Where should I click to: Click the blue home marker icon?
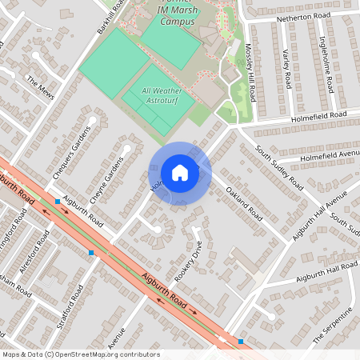pos(180,172)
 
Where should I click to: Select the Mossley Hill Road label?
pos(250,72)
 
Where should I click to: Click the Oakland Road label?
pos(245,204)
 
